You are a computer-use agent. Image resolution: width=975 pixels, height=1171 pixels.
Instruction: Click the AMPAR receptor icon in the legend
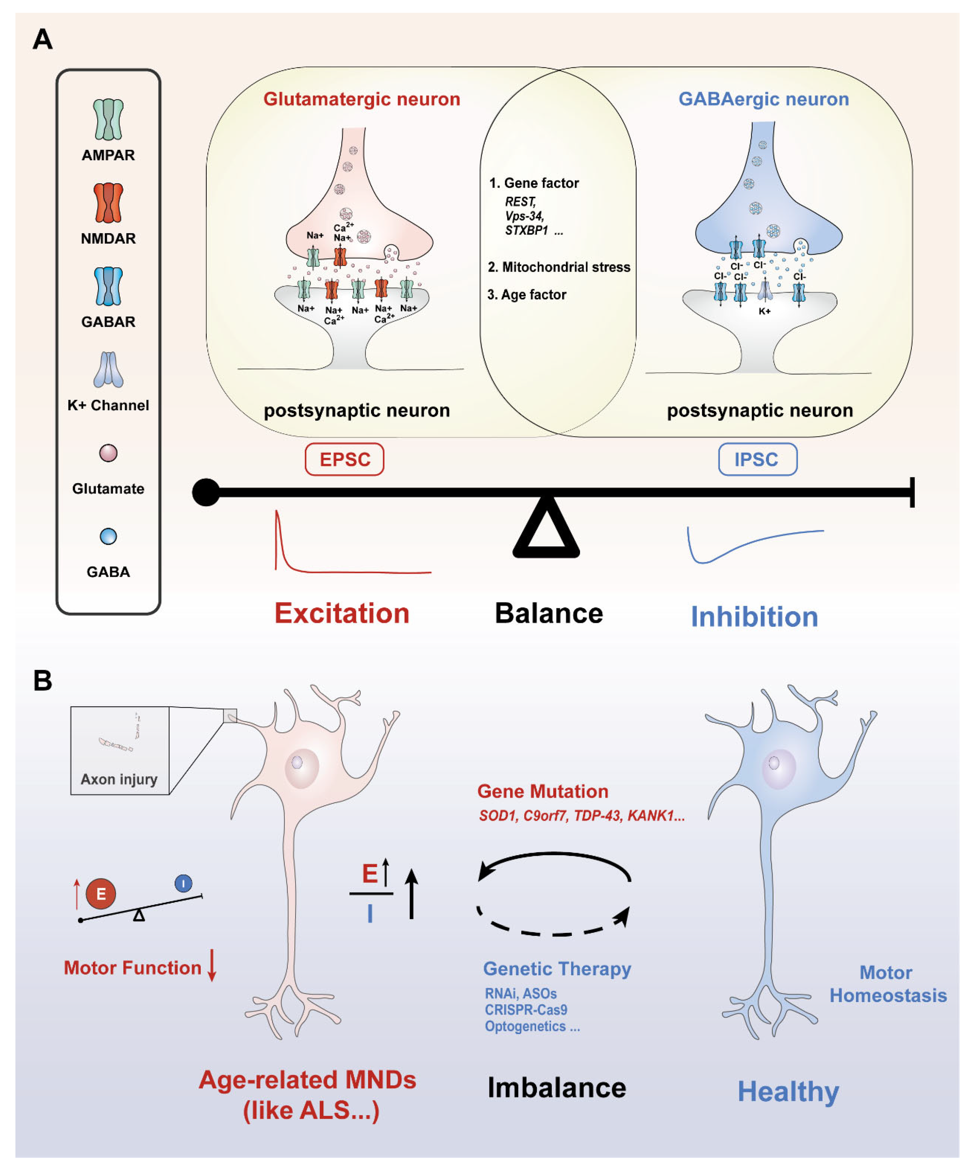click(x=108, y=119)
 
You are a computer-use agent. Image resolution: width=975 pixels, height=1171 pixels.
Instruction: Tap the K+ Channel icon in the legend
click(x=108, y=369)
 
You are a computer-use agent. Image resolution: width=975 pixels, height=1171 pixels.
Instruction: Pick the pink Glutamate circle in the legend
click(x=108, y=453)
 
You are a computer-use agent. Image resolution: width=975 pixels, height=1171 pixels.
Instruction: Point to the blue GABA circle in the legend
click(x=108, y=536)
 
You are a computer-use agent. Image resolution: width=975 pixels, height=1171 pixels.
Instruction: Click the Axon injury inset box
click(x=120, y=750)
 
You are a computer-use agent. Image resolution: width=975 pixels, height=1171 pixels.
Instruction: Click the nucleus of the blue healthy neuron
click(x=779, y=769)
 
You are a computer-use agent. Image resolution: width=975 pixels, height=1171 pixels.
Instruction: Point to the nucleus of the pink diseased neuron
click(x=302, y=769)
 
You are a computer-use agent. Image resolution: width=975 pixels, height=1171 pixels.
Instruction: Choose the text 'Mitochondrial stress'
click(x=566, y=267)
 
